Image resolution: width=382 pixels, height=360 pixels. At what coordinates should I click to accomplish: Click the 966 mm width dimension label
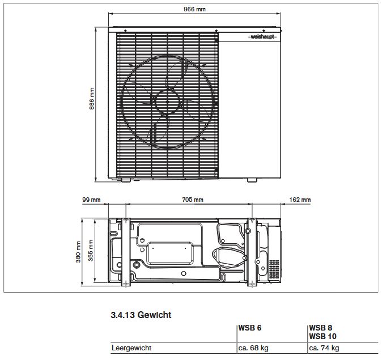194,10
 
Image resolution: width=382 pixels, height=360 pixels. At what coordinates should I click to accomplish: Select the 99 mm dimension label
91,200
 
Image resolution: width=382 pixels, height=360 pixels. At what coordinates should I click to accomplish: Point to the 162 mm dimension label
300,200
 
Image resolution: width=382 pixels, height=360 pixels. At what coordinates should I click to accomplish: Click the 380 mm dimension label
79,252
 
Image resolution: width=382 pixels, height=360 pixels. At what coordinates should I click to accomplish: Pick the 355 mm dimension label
91,252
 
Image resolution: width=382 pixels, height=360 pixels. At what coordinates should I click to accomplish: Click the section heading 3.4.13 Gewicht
139,314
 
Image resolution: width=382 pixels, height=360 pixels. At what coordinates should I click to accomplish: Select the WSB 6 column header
250,328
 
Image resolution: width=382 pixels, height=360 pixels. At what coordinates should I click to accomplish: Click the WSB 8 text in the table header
320,328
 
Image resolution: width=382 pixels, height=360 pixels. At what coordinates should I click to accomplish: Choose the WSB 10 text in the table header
322,336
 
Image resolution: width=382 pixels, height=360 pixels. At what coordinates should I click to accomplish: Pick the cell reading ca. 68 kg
254,348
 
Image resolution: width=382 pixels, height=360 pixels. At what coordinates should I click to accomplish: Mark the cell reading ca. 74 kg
325,348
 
